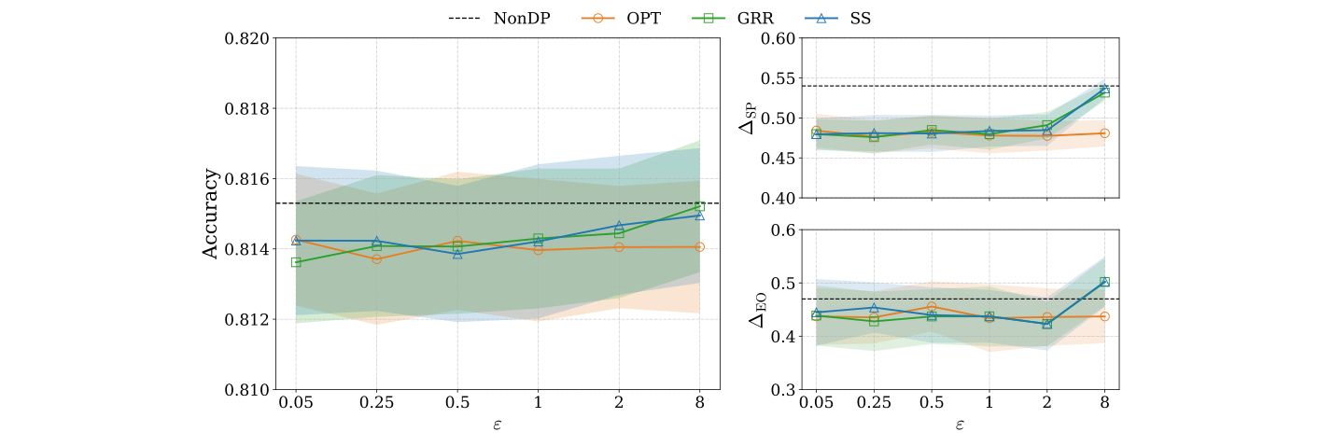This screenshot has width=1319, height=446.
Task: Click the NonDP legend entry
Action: pos(511,17)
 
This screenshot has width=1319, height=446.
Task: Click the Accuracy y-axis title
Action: pos(211,214)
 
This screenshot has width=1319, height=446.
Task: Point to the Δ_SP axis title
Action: pos(750,118)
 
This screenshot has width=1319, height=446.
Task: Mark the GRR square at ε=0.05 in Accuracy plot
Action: pos(296,262)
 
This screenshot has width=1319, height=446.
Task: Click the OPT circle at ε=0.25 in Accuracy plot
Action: pos(376,259)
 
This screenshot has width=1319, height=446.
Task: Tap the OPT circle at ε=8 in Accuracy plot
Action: pos(699,246)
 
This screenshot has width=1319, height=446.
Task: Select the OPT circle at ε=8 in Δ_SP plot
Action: pos(1104,133)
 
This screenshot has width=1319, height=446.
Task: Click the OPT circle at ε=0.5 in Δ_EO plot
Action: pos(932,307)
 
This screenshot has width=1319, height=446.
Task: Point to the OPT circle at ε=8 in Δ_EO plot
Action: pos(1104,316)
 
